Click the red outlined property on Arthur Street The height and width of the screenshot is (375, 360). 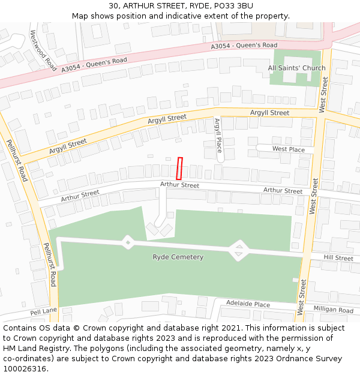(179, 168)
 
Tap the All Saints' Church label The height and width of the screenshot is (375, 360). (296, 68)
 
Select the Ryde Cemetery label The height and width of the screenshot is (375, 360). (178, 257)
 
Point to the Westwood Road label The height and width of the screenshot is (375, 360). (43, 50)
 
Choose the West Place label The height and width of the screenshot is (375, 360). (288, 149)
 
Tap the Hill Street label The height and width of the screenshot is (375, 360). (338, 258)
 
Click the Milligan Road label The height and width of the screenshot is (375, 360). (334, 310)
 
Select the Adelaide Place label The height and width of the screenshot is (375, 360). (248, 305)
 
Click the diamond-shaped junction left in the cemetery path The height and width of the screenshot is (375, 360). (128, 242)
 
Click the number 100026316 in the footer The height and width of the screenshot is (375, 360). (25, 369)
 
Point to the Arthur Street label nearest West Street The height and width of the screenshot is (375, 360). (283, 191)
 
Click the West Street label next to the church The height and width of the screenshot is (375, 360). (324, 94)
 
